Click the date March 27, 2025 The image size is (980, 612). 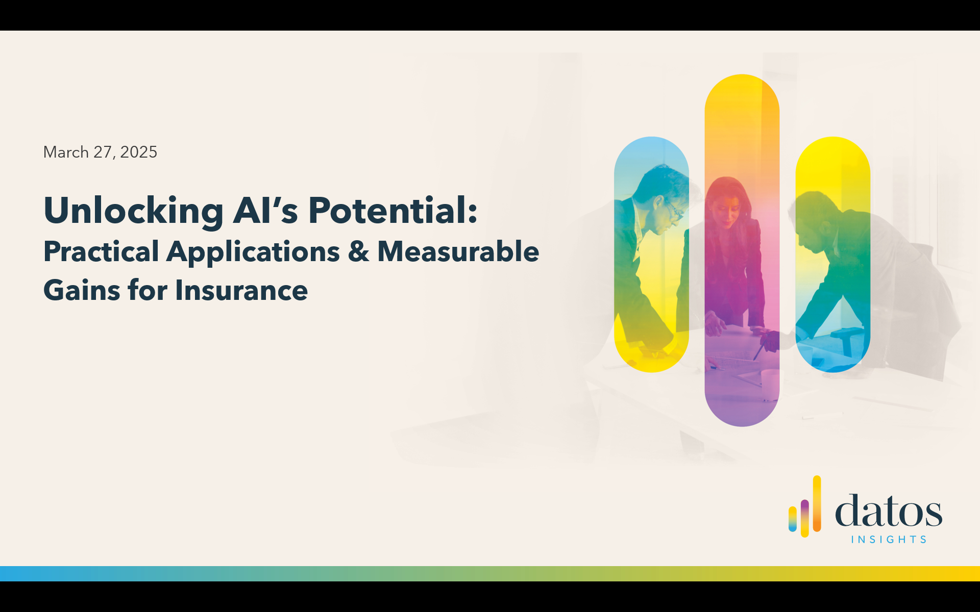[100, 152]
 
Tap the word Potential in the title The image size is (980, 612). [393, 210]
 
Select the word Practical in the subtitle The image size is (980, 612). [101, 251]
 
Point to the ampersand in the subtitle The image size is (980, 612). [359, 251]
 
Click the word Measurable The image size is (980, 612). [458, 251]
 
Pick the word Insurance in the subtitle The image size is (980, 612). [241, 290]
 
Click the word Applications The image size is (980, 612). [253, 252]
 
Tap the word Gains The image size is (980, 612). [81, 290]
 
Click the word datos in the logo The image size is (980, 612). [889, 510]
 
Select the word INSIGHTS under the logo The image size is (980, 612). [889, 540]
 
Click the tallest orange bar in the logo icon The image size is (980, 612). [817, 504]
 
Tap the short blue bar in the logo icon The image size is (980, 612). [793, 519]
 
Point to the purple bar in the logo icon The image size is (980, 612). [805, 517]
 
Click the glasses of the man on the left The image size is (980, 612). [673, 209]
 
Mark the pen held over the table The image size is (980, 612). [759, 352]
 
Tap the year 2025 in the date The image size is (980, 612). [139, 152]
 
